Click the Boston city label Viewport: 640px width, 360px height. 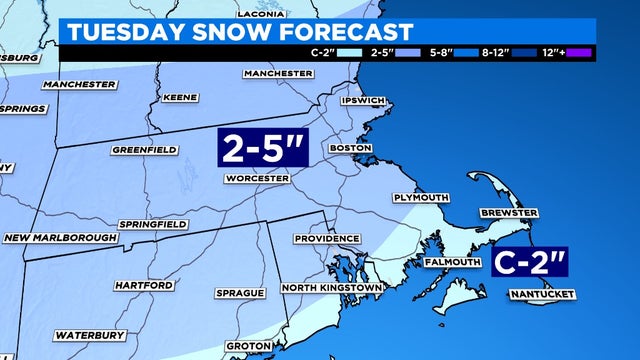tap(350, 149)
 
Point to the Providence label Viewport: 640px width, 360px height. tap(327, 239)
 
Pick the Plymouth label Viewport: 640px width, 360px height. tap(420, 198)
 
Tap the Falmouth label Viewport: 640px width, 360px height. tap(453, 262)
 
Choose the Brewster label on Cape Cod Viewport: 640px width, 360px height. tap(509, 213)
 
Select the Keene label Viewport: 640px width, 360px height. tap(180, 98)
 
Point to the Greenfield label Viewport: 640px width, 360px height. tap(146, 150)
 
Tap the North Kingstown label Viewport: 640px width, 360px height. tap(331, 288)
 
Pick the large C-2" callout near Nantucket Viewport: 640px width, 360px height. tap(530, 263)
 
